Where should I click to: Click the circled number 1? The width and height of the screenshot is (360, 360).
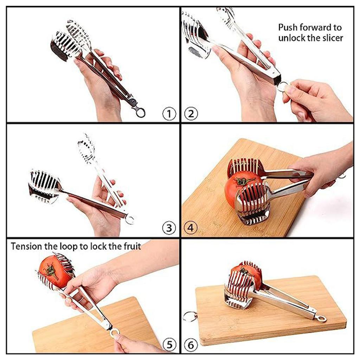pos(169,114)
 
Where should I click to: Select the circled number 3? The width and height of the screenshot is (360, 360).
pos(169,228)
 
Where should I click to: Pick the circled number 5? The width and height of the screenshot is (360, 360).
pos(169,345)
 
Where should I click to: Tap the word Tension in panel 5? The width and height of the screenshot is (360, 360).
pos(26,246)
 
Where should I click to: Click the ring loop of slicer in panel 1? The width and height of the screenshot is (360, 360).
pos(141,112)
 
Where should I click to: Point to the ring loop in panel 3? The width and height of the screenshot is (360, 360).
pos(130,220)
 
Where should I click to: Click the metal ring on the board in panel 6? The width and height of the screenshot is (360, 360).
pos(189,316)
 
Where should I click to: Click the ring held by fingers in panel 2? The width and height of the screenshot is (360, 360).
pos(283,86)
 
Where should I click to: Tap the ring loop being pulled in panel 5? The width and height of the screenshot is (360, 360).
pos(115,332)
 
